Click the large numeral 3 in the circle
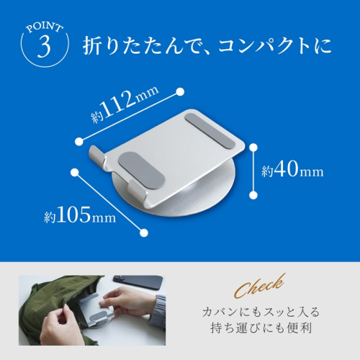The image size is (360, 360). click(x=45, y=46)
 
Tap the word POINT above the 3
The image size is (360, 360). click(x=45, y=27)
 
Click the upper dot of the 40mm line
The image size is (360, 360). click(x=253, y=148)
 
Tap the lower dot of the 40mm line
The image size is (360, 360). click(x=253, y=195)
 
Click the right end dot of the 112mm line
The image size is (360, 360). click(x=180, y=92)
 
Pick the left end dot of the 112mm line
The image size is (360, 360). click(x=79, y=142)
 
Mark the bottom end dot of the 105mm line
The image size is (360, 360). click(x=144, y=233)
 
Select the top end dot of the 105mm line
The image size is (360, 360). click(x=75, y=172)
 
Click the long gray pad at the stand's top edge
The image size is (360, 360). click(x=210, y=131)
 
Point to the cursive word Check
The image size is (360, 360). click(x=260, y=286)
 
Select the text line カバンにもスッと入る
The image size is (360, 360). click(x=261, y=312)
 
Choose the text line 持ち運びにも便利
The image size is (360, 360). click(x=261, y=328)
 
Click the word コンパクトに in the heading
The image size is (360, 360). click(x=275, y=45)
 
